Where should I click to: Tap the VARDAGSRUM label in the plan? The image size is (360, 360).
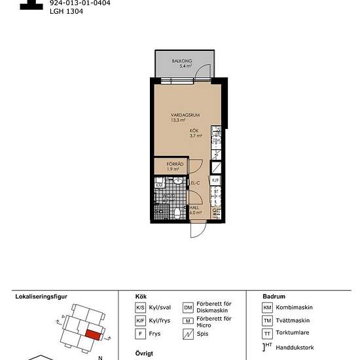tap(185, 115)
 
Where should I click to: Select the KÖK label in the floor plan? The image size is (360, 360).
tap(195, 132)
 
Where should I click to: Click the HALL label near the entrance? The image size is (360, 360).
tap(194, 207)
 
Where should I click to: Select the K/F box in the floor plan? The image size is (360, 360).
tap(216, 179)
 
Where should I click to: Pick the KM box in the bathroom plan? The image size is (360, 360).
tap(159, 186)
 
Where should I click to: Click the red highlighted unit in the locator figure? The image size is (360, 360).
tap(94, 334)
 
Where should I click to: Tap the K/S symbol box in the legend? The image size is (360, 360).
tap(140, 308)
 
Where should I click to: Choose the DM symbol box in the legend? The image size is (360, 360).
tap(189, 308)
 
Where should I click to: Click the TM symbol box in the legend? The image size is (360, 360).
tap(267, 321)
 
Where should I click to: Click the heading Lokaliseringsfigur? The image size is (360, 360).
tap(41, 297)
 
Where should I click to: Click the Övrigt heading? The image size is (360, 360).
tap(144, 352)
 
